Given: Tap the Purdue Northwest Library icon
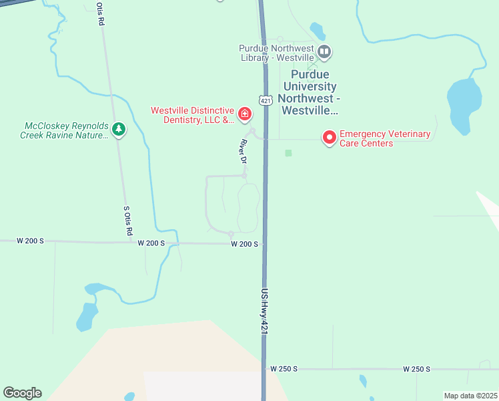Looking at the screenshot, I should click(324, 51).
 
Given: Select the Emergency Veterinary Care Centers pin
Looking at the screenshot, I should click(329, 138).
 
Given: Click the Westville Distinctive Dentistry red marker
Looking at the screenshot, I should click(245, 115).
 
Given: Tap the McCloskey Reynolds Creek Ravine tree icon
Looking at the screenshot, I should click(119, 129).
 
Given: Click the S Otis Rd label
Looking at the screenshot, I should click(127, 220).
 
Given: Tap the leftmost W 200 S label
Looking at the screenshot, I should click(30, 241).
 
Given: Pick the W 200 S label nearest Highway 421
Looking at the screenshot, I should click(244, 244).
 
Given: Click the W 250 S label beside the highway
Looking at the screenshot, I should click(284, 369).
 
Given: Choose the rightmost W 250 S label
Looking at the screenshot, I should click(417, 369).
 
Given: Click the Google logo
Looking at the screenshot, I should click(22, 393).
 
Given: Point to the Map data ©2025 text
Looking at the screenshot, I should click(470, 396).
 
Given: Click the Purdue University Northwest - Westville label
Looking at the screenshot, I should click(310, 92).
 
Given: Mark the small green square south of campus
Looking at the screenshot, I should click(288, 153).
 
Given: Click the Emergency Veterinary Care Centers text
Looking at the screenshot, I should click(385, 138).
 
